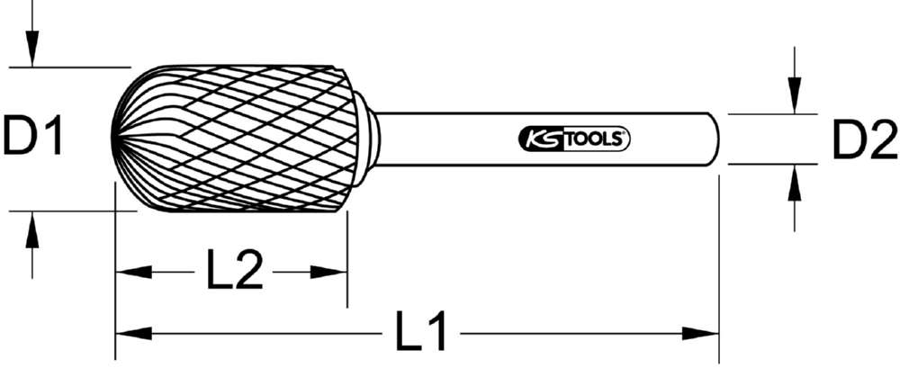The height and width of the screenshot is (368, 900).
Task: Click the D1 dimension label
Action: (x=33, y=139)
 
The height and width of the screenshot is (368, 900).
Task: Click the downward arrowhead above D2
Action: (x=794, y=100)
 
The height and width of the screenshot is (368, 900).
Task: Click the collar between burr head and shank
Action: (x=367, y=139)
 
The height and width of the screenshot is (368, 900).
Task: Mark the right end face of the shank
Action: (x=717, y=139)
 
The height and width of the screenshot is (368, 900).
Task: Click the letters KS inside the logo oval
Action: (x=535, y=139)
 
